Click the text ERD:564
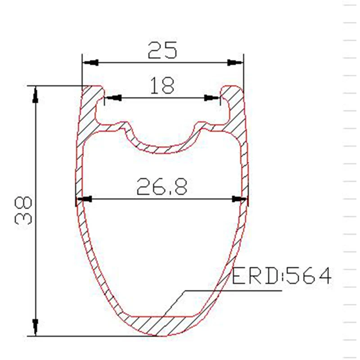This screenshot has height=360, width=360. (282, 275)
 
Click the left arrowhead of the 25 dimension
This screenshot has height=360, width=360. (90, 63)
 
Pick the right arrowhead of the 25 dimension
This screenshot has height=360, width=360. (234, 63)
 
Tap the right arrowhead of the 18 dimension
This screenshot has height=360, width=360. (211, 97)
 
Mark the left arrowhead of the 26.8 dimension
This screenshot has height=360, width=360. (85, 199)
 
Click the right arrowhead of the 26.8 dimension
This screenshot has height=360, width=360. (239, 199)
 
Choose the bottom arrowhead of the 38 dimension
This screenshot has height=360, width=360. (35, 326)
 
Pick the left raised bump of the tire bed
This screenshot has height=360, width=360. (121, 125)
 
